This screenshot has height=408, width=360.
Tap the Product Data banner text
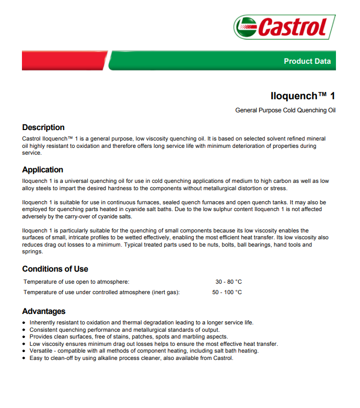(307, 61)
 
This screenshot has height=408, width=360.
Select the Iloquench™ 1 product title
(303, 96)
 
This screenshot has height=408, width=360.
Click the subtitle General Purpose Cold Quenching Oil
(285, 110)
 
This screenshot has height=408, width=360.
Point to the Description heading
(43, 127)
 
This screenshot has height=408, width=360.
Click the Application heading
(43, 170)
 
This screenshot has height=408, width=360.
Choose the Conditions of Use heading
(55, 269)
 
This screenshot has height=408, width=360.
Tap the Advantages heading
(44, 311)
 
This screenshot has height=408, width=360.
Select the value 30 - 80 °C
(228, 282)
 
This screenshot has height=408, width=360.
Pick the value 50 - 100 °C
(227, 292)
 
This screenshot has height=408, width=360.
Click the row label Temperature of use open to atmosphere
(76, 282)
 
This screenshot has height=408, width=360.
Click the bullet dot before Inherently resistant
(24, 323)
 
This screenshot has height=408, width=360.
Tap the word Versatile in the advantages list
(42, 351)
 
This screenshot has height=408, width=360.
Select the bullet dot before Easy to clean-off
(24, 358)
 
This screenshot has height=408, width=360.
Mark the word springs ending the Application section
(33, 251)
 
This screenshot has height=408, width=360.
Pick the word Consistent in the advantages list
(44, 330)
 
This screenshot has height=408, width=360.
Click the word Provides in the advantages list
(42, 337)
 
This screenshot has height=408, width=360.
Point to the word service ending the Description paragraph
(31, 153)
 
